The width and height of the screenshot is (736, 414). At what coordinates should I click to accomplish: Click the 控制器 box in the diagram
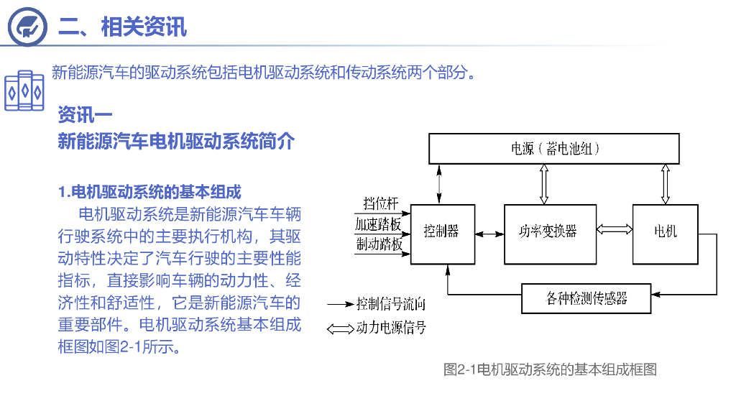pyautogui.click(x=442, y=234)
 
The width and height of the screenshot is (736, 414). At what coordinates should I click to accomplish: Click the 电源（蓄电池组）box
pyautogui.click(x=554, y=149)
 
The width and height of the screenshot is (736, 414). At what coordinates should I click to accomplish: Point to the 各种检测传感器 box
pyautogui.click(x=586, y=298)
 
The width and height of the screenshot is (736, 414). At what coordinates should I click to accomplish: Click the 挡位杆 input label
pyautogui.click(x=380, y=204)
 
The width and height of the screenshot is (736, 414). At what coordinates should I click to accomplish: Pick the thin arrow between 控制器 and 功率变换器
pyautogui.click(x=489, y=234)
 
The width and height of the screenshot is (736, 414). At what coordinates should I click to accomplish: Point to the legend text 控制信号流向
pyautogui.click(x=391, y=304)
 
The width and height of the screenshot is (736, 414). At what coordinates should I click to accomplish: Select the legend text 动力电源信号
pyautogui.click(x=391, y=328)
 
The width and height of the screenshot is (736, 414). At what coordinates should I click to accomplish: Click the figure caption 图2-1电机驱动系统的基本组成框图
pyautogui.click(x=550, y=370)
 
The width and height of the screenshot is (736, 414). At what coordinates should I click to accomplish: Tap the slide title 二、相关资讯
pyautogui.click(x=122, y=27)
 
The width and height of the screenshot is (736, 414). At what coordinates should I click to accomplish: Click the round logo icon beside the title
pyautogui.click(x=28, y=26)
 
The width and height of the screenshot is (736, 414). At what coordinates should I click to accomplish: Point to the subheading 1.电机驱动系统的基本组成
pyautogui.click(x=149, y=192)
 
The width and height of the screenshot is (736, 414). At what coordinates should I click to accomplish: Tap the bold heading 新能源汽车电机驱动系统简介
pyautogui.click(x=176, y=142)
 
